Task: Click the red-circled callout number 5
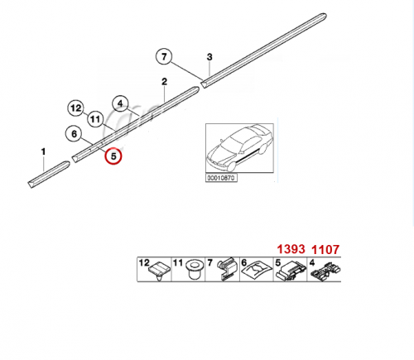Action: (x=113, y=156)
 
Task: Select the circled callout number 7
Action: (x=164, y=57)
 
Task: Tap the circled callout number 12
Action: (x=76, y=108)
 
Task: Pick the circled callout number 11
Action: (x=95, y=119)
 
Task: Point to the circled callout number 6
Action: (x=74, y=134)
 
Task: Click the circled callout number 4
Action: (x=120, y=103)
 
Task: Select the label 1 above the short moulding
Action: (x=43, y=151)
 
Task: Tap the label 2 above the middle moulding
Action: (x=164, y=82)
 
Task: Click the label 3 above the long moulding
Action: (x=209, y=57)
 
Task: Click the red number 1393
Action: (x=291, y=249)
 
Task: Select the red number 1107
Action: (x=325, y=250)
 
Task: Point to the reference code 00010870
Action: (x=221, y=178)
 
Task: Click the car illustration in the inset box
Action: (x=239, y=148)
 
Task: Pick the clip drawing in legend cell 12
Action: (x=159, y=271)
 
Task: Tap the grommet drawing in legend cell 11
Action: (x=193, y=270)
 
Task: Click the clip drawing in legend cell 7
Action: (x=228, y=269)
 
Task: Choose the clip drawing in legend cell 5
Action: (x=291, y=271)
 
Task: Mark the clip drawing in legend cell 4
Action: (x=326, y=271)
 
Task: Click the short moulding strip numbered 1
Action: (x=49, y=175)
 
